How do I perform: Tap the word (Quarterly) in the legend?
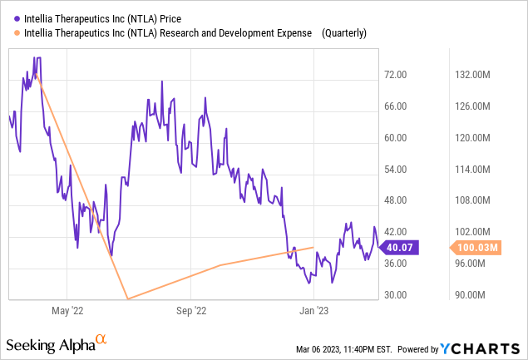click(x=342, y=33)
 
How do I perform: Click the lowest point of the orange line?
click(x=126, y=298)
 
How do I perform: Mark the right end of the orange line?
click(x=313, y=247)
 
